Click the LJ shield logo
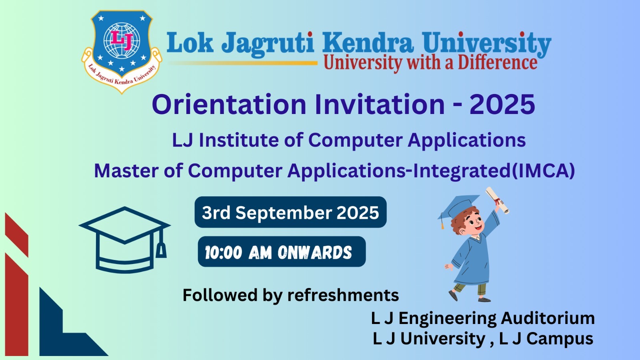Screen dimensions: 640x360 point(122,52)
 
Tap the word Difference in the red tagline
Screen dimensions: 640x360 point(498,63)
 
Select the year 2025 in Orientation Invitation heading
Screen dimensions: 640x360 point(502,104)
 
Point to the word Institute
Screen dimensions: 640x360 point(238,140)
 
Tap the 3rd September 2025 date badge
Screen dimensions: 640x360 point(290,212)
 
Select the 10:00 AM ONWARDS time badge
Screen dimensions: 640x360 point(282,252)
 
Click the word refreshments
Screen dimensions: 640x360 point(343,295)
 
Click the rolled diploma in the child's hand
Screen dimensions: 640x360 point(498,200)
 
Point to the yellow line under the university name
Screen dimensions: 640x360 point(243,63)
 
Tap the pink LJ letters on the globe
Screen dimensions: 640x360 point(122,40)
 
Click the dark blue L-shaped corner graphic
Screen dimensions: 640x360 point(74,322)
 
